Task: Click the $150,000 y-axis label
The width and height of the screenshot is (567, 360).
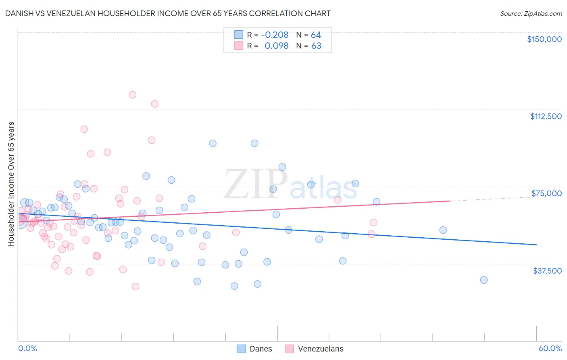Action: pos(544,39)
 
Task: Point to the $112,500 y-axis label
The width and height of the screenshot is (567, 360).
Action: pos(546,116)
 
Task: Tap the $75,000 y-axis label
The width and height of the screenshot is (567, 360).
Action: pos(546,193)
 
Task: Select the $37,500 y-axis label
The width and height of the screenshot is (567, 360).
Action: pos(547,271)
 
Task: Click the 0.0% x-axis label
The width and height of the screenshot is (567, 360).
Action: pos(27,348)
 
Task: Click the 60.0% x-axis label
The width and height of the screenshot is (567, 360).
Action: pos(550,348)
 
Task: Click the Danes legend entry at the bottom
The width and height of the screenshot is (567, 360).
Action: pos(261,349)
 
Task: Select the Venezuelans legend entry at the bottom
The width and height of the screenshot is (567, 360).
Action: pos(320,349)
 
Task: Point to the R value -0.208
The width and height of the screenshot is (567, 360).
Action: pos(275,35)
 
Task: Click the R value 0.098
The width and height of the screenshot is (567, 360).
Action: pos(276,46)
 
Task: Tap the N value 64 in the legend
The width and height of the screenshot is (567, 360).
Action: pos(316,35)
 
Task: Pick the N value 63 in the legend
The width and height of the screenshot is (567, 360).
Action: pos(316,46)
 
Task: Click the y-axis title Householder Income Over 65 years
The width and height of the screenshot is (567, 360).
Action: pos(11,184)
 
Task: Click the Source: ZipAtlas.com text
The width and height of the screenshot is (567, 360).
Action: pos(531,14)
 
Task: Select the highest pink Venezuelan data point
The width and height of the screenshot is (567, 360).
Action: pos(132,95)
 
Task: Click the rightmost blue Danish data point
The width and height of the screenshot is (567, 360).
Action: pos(484,280)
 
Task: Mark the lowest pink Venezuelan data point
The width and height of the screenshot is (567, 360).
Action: pos(135,287)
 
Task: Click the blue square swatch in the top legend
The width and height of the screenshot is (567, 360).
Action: pos(239,35)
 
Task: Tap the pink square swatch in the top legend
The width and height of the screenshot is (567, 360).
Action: pos(239,46)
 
